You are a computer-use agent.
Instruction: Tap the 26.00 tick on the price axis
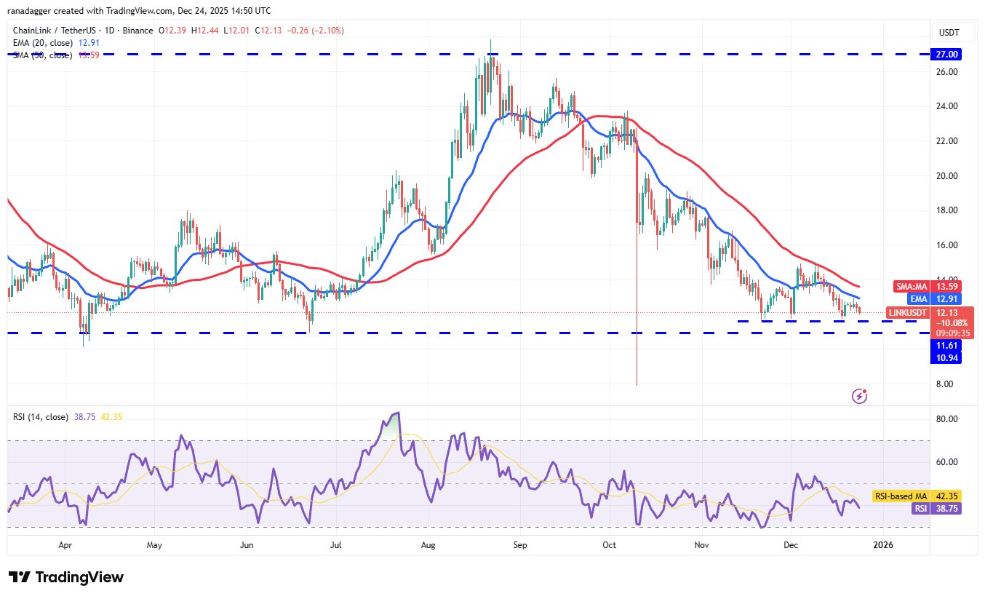coord(946,72)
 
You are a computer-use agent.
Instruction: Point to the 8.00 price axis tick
coord(946,384)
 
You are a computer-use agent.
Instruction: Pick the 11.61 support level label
coord(946,345)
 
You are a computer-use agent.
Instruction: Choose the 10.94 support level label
coord(946,357)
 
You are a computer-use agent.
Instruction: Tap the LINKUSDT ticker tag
coord(906,312)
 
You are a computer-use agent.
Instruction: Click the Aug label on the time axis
coord(428,544)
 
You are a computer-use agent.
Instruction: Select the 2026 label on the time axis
coord(883,544)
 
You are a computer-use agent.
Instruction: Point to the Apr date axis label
coord(65,544)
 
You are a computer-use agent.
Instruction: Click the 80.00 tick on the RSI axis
coord(946,419)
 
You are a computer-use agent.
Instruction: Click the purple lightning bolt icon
coord(860,396)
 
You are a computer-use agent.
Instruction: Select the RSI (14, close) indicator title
coord(40,417)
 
